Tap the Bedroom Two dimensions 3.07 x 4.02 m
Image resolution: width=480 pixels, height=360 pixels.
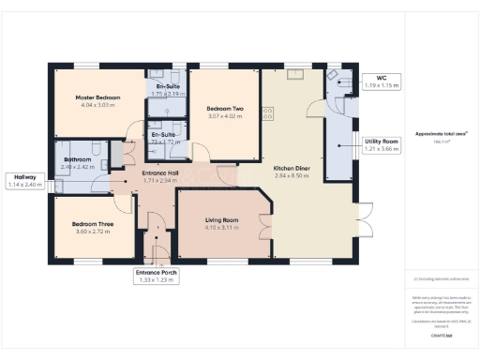point(224,117)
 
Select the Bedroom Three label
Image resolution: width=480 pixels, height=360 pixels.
point(93,223)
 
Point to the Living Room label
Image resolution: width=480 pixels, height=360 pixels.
point(222,220)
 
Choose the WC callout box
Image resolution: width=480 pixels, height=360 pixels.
point(381,82)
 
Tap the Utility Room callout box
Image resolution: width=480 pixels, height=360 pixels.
point(382,144)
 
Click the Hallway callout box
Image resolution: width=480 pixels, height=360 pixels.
point(26,181)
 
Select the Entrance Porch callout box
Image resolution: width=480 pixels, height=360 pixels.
point(157,276)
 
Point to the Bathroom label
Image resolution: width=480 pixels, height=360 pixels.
point(78,160)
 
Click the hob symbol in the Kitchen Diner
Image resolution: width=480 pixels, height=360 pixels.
point(268,113)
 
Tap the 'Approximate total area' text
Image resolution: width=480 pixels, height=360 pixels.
point(440,134)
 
